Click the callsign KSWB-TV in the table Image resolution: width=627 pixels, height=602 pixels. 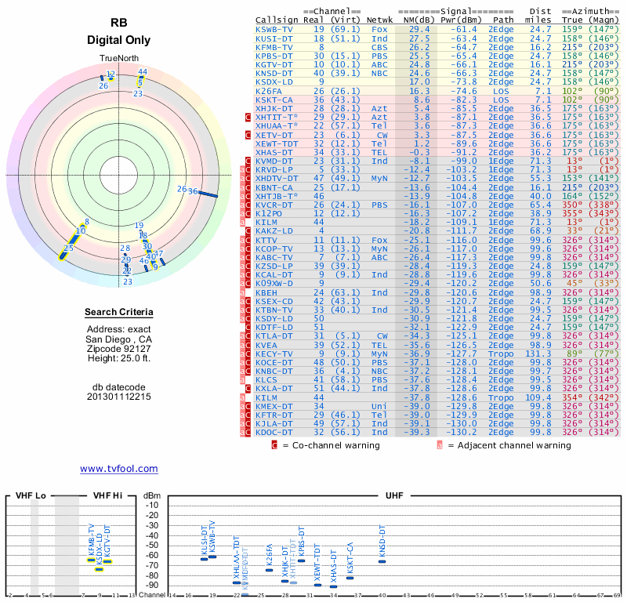click(x=275, y=29)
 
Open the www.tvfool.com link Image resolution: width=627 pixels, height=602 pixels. click(x=118, y=469)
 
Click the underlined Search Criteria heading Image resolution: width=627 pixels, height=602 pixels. click(x=119, y=313)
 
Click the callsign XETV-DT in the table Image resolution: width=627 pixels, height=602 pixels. click(x=275, y=134)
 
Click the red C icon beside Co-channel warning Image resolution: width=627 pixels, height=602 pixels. click(x=274, y=445)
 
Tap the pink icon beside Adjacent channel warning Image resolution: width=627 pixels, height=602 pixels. click(x=440, y=445)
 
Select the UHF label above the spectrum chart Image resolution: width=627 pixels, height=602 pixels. click(x=394, y=495)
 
